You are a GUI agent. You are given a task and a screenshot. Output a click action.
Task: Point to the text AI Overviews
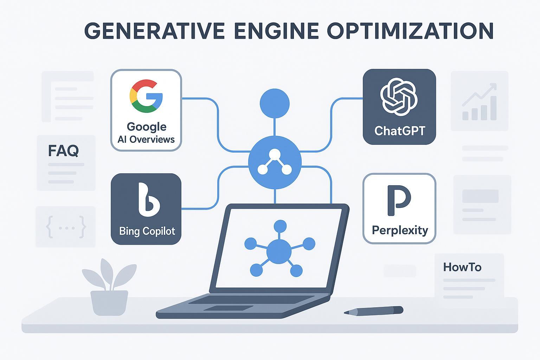click(x=146, y=139)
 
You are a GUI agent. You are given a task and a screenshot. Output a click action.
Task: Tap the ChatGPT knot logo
click(x=399, y=96)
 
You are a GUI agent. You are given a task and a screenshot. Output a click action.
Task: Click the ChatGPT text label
click(x=400, y=131)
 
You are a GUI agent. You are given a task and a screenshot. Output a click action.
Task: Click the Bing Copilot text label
click(x=147, y=231)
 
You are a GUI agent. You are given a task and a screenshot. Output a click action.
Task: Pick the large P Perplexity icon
click(x=399, y=200)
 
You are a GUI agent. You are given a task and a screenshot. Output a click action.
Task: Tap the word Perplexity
click(x=400, y=230)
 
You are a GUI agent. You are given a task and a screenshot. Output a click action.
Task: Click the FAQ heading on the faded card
click(x=63, y=151)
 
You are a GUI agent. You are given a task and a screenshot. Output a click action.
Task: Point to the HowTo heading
click(x=462, y=267)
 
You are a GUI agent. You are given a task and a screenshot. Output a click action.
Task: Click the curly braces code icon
click(x=66, y=227)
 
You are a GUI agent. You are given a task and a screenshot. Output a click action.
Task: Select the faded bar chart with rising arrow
click(x=480, y=102)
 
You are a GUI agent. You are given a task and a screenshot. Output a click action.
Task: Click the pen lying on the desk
click(x=373, y=311)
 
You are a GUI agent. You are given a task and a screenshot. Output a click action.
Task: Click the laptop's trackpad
click(x=229, y=308)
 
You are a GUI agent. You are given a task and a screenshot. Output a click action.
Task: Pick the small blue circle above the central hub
click(x=275, y=103)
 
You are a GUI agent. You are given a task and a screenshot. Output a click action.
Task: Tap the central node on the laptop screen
click(x=279, y=252)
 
